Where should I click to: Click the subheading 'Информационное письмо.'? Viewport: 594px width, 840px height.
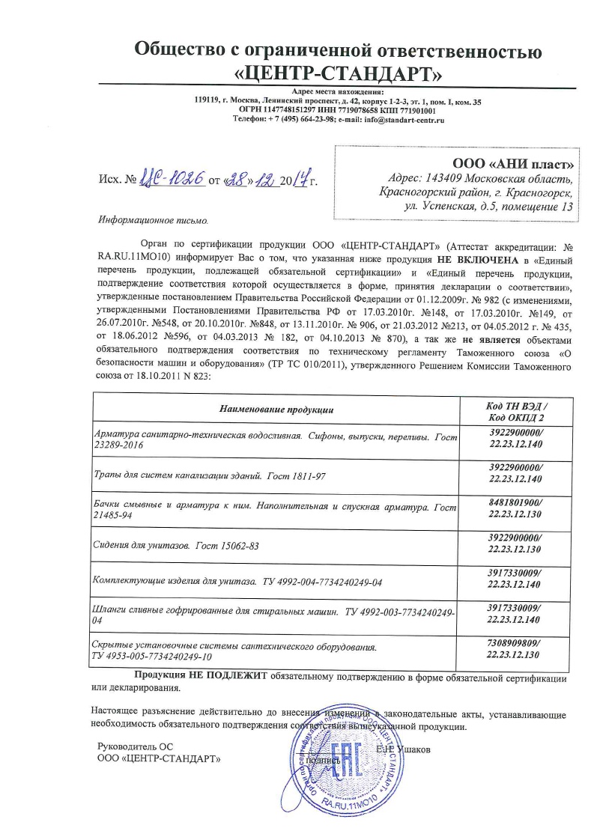tap(151, 221)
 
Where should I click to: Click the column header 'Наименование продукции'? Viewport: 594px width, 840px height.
tap(276, 410)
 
